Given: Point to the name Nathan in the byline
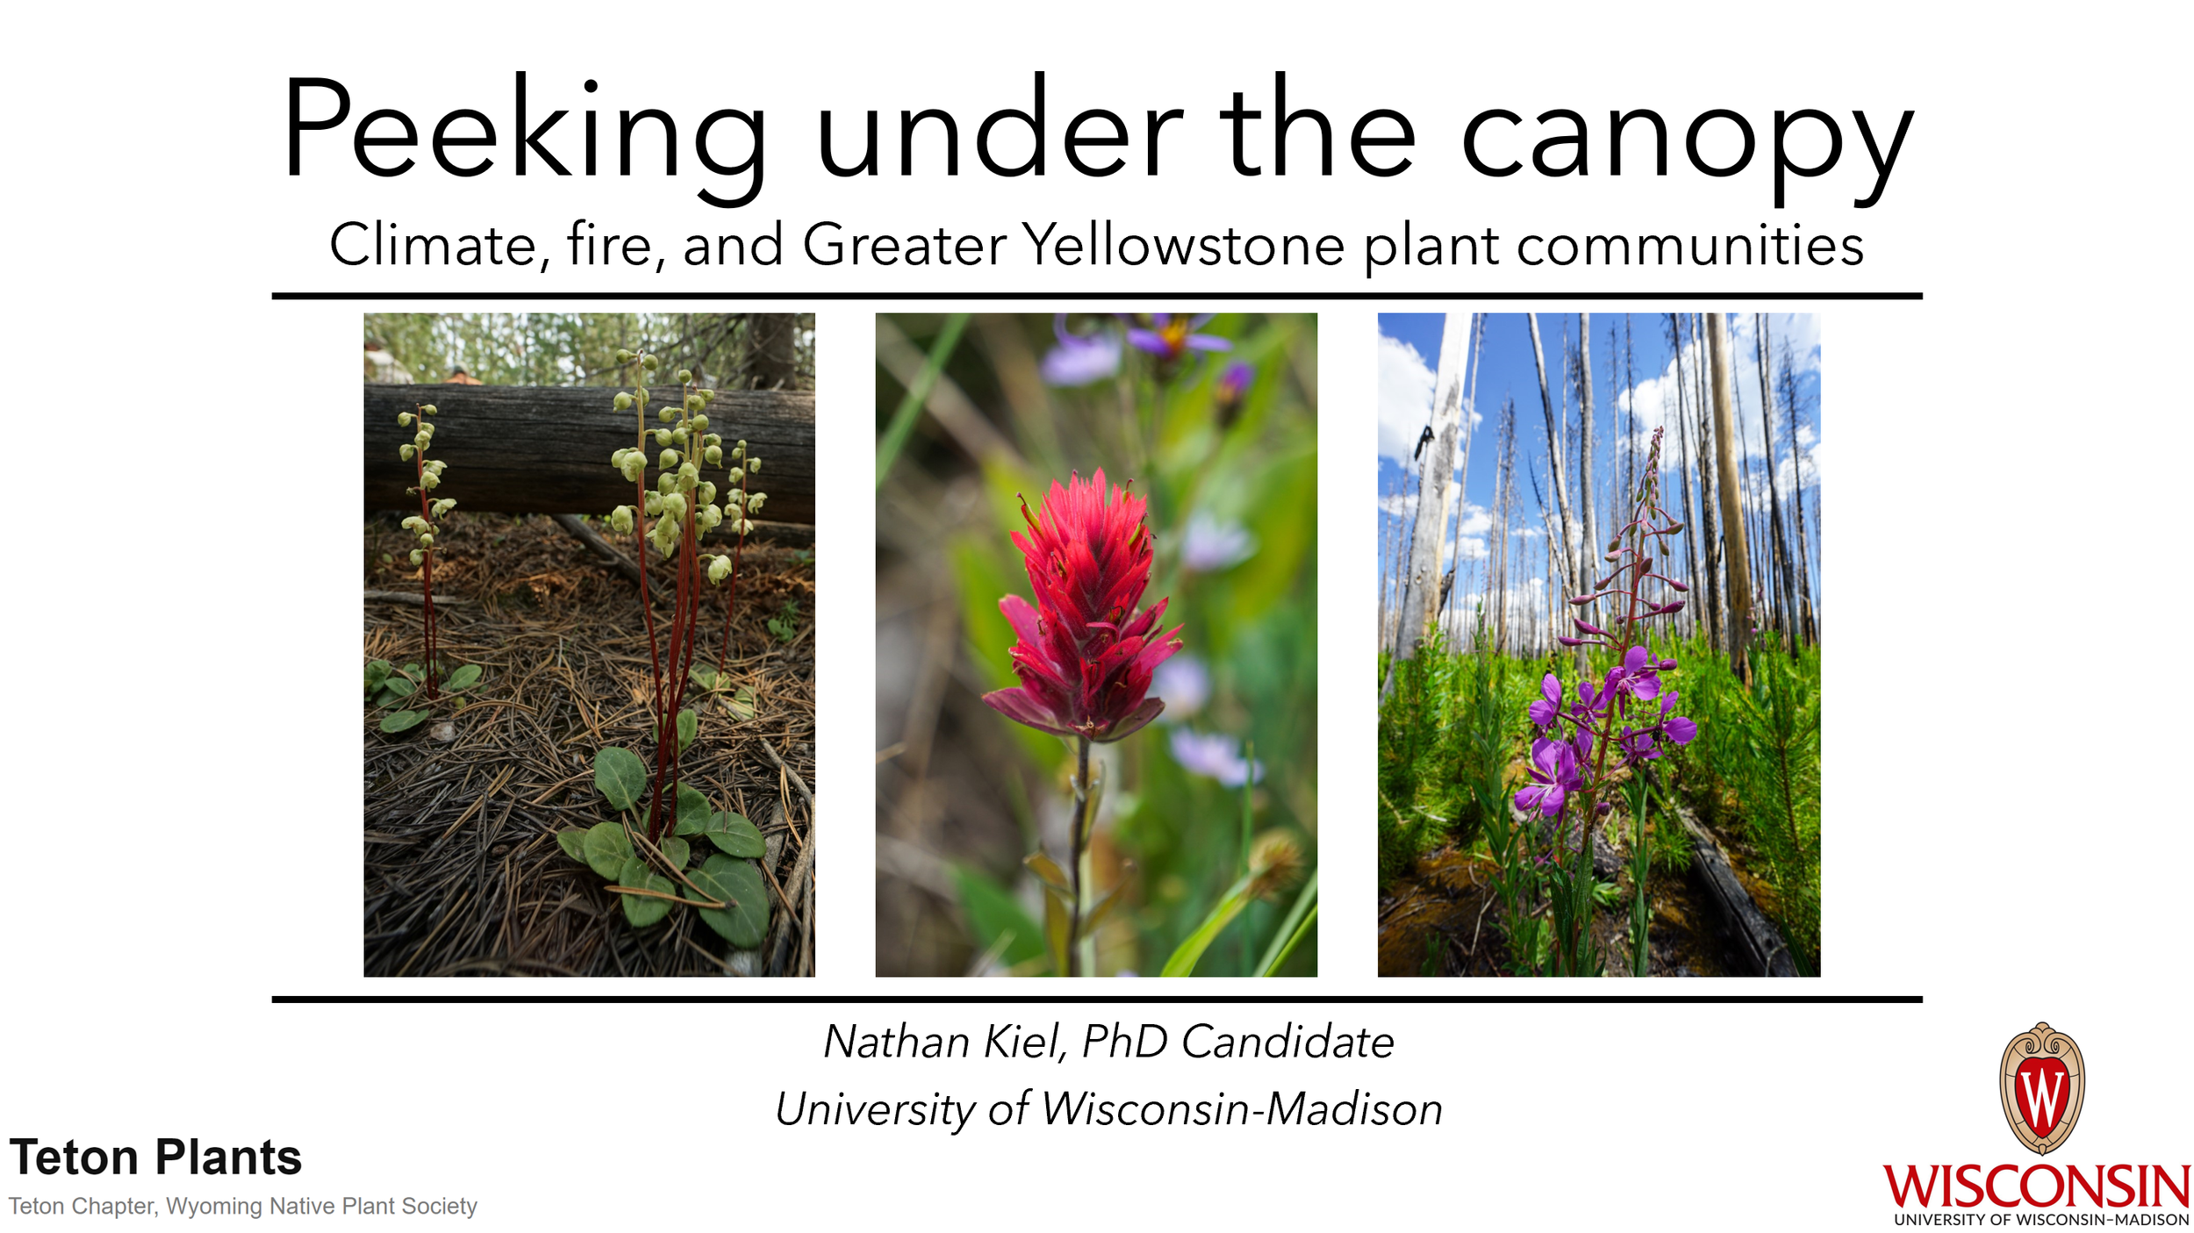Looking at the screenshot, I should click(896, 1043).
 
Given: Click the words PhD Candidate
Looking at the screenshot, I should click(1237, 1043).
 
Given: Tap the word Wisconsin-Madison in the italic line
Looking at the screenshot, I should click(1242, 1109).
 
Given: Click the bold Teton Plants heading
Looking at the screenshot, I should click(155, 1158).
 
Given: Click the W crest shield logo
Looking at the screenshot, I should click(2041, 1088).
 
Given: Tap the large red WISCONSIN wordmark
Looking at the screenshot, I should click(2036, 1186).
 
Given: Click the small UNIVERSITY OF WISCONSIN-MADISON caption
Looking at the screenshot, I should click(2041, 1220).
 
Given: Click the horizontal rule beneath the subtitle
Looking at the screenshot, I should click(1097, 297).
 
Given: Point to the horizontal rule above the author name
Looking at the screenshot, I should click(1097, 999).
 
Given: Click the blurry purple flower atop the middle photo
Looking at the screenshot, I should click(1167, 338).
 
